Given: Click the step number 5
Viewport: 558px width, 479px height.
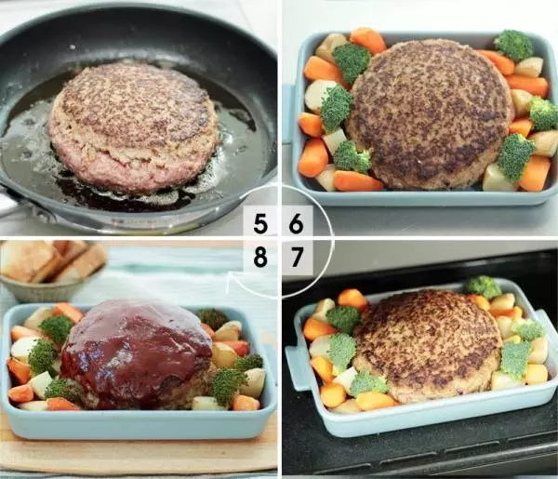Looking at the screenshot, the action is [x=260, y=224].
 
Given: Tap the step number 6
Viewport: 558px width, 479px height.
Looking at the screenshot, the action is [x=296, y=224].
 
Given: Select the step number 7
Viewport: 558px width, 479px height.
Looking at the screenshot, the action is [x=297, y=258].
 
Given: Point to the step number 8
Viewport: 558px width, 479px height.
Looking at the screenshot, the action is [x=260, y=258].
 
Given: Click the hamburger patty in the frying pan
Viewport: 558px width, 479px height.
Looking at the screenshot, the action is [x=132, y=126].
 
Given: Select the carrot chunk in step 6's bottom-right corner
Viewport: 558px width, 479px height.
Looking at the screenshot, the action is [x=535, y=173].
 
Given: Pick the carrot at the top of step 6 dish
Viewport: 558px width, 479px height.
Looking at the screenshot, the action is [x=368, y=40].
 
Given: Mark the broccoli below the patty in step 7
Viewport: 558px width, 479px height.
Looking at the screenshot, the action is [x=368, y=383].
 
